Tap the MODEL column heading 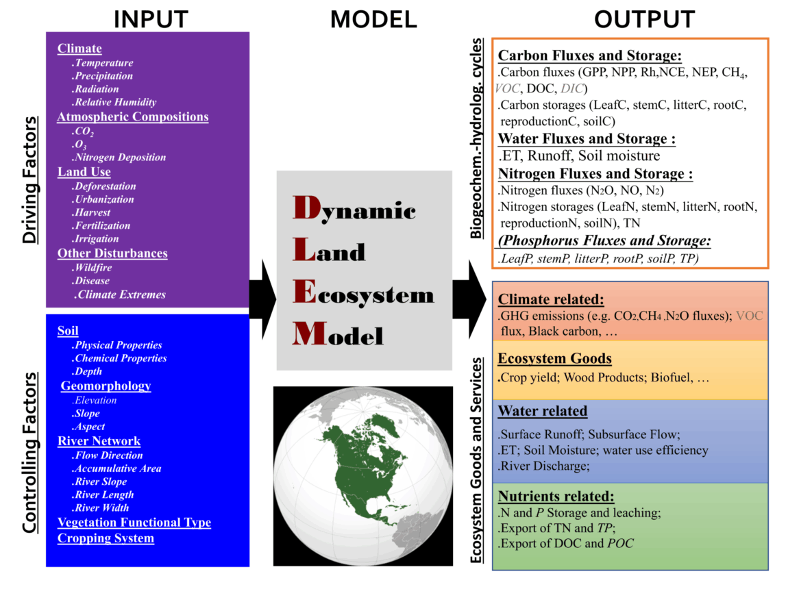click(x=373, y=18)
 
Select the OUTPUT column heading click(x=644, y=18)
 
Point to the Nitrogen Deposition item click(x=120, y=158)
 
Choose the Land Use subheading click(x=84, y=172)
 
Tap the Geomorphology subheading click(x=106, y=386)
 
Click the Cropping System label click(x=106, y=538)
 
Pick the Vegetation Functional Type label click(x=134, y=523)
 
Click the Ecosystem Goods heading click(x=555, y=359)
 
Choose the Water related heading click(x=542, y=412)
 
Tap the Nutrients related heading click(x=556, y=497)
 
